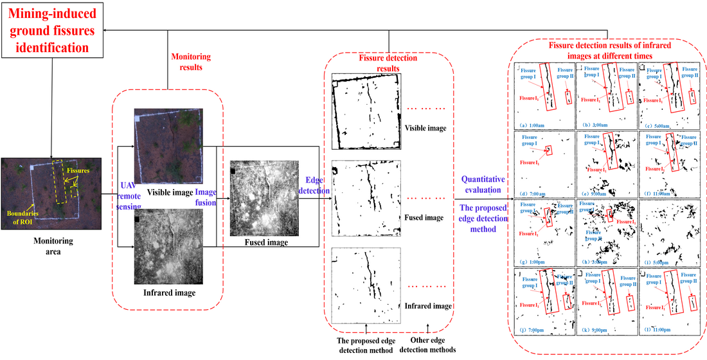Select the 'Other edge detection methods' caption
tap(427, 345)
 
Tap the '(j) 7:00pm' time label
tap(533, 329)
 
